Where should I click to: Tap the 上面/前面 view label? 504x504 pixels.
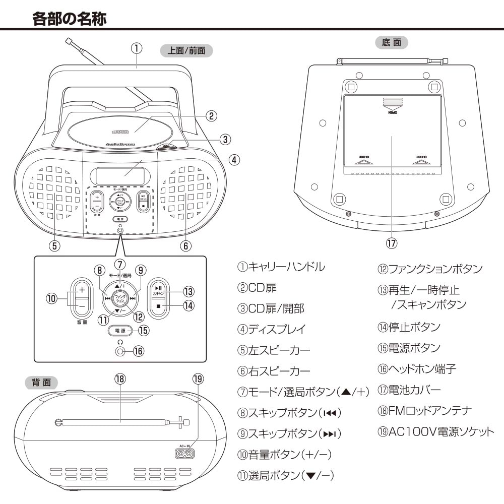coord(186,50)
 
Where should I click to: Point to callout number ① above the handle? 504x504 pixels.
coord(136,48)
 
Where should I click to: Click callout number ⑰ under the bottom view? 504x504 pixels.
coord(392,243)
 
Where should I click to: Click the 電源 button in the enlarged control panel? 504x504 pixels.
coord(120,331)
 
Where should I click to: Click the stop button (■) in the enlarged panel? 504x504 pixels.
coord(158,306)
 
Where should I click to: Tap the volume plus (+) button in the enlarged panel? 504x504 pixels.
coord(82,291)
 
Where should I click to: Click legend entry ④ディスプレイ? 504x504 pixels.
coord(272,329)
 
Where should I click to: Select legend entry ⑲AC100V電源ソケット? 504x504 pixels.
coord(436,432)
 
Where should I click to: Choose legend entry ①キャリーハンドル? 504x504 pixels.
coord(281,267)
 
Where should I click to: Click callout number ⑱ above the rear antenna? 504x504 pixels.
coord(120,379)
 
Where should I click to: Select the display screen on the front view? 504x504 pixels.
coord(120,176)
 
